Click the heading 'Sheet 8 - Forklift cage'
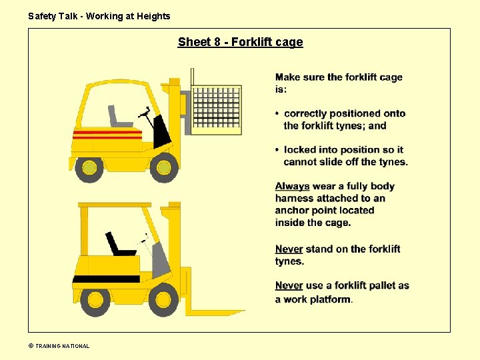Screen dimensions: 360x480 click(x=240, y=42)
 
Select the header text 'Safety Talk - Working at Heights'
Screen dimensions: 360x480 click(x=99, y=16)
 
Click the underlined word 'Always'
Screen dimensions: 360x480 click(x=292, y=186)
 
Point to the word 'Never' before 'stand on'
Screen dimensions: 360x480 click(x=289, y=249)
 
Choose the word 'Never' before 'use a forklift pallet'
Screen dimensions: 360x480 click(x=289, y=285)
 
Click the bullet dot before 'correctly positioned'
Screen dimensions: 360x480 click(x=278, y=114)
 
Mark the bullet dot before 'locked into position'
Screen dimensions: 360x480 click(x=278, y=150)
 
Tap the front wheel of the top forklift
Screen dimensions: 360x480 click(x=163, y=167)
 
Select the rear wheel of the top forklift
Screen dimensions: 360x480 click(x=89, y=169)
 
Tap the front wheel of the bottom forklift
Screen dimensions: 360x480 click(x=163, y=299)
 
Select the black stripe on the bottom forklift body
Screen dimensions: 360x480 click(x=106, y=279)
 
